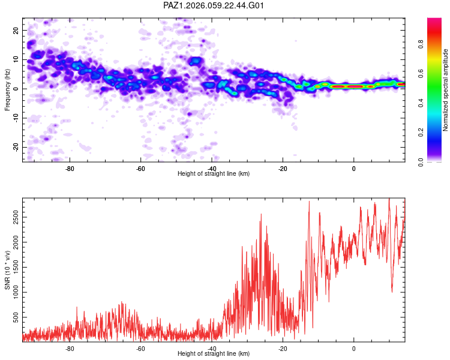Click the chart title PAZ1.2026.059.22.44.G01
214,5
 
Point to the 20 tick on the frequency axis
17,30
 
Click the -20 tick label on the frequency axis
16,147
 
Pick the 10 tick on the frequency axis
17,59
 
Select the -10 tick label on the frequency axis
16,118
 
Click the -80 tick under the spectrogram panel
70,168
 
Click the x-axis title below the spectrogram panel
214,174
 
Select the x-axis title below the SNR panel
214,354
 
